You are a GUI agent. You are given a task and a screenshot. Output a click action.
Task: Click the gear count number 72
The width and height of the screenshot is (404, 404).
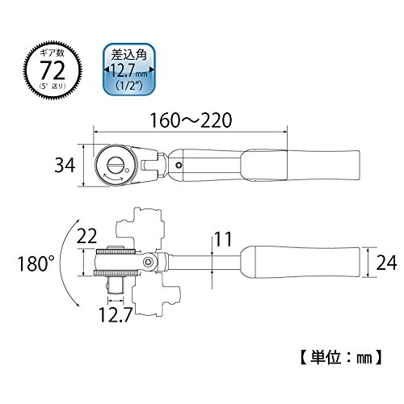pos(53,69)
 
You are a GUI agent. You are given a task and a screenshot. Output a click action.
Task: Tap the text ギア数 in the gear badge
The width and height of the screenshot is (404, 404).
pos(53,53)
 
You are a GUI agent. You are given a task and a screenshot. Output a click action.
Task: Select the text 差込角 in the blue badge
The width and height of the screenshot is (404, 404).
pos(129,55)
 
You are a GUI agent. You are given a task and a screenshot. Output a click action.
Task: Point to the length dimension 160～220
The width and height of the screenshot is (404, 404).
pos(191,120)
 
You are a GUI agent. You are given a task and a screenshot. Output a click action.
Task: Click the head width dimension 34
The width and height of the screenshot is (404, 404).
pos(65,165)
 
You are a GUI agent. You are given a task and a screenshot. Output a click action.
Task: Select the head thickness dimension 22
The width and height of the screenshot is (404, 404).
pos(86,236)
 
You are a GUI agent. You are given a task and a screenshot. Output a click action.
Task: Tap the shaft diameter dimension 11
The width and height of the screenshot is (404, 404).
pos(222,239)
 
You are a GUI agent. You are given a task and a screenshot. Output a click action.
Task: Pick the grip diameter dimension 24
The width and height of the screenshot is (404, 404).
pos(386,263)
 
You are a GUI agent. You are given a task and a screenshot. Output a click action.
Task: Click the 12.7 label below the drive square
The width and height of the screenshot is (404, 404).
pos(116,314)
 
